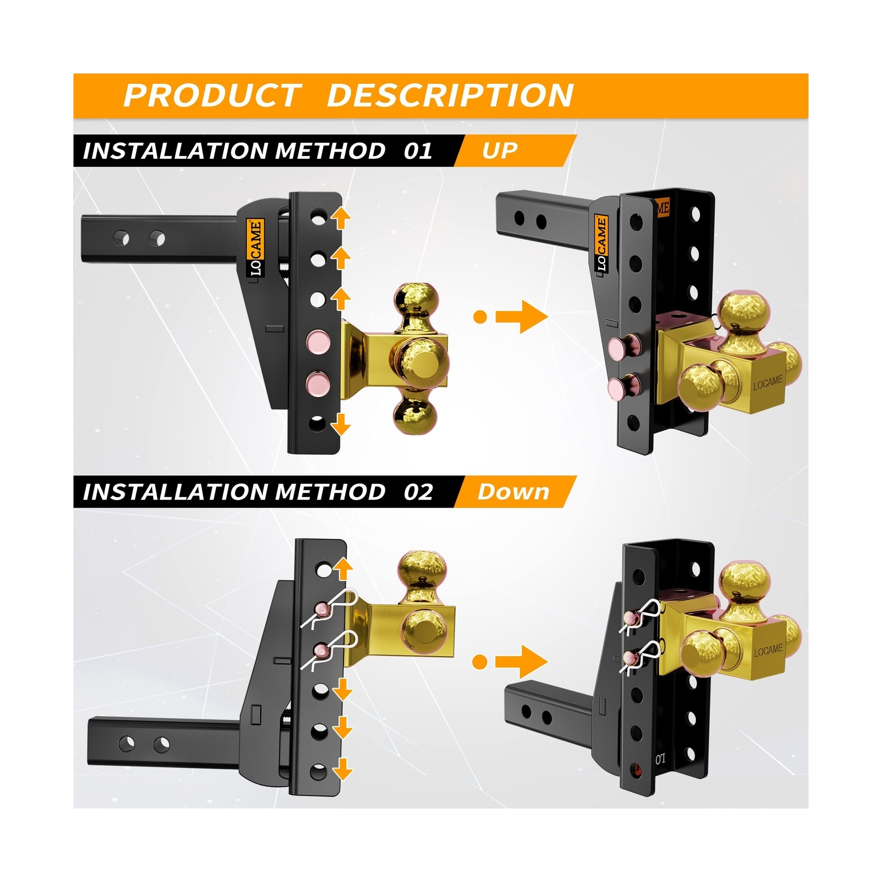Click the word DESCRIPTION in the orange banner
pos(450,95)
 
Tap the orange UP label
pos(499,150)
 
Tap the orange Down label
pos(513,492)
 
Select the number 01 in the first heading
pos(418,151)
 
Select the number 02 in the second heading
pos(418,492)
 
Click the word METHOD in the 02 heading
pos(330,492)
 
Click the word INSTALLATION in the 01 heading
pos(175,151)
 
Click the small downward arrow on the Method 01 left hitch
pos(341,424)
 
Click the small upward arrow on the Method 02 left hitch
pos(343,568)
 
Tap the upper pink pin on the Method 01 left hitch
pos(319,341)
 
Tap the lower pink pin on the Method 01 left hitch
pos(318,383)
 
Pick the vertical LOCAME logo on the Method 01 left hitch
pos(255,248)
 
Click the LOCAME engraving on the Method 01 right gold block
pos(768,383)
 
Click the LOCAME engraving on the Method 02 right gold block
pos(768,650)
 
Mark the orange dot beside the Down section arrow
pos(480,661)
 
